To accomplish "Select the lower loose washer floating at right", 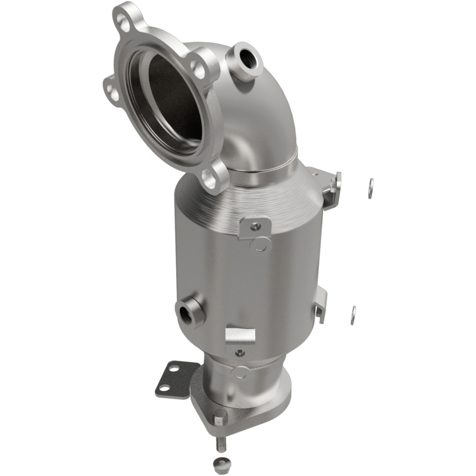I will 353,315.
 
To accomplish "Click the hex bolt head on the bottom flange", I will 220,419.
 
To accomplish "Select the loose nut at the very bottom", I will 220,465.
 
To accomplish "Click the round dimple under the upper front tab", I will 260,244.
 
